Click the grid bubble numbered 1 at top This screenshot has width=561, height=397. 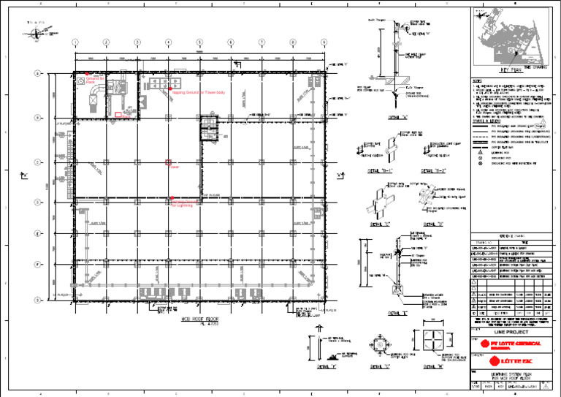pyautogui.click(x=75, y=42)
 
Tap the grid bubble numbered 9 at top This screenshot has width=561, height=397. pyautogui.click(x=324, y=42)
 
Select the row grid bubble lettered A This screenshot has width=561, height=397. pyautogui.click(x=36, y=73)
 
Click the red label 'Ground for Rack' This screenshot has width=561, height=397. pyautogui.click(x=95, y=80)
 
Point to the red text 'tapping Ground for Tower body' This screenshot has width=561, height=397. pyautogui.click(x=199, y=93)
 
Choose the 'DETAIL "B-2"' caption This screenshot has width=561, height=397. pyautogui.click(x=433, y=170)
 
